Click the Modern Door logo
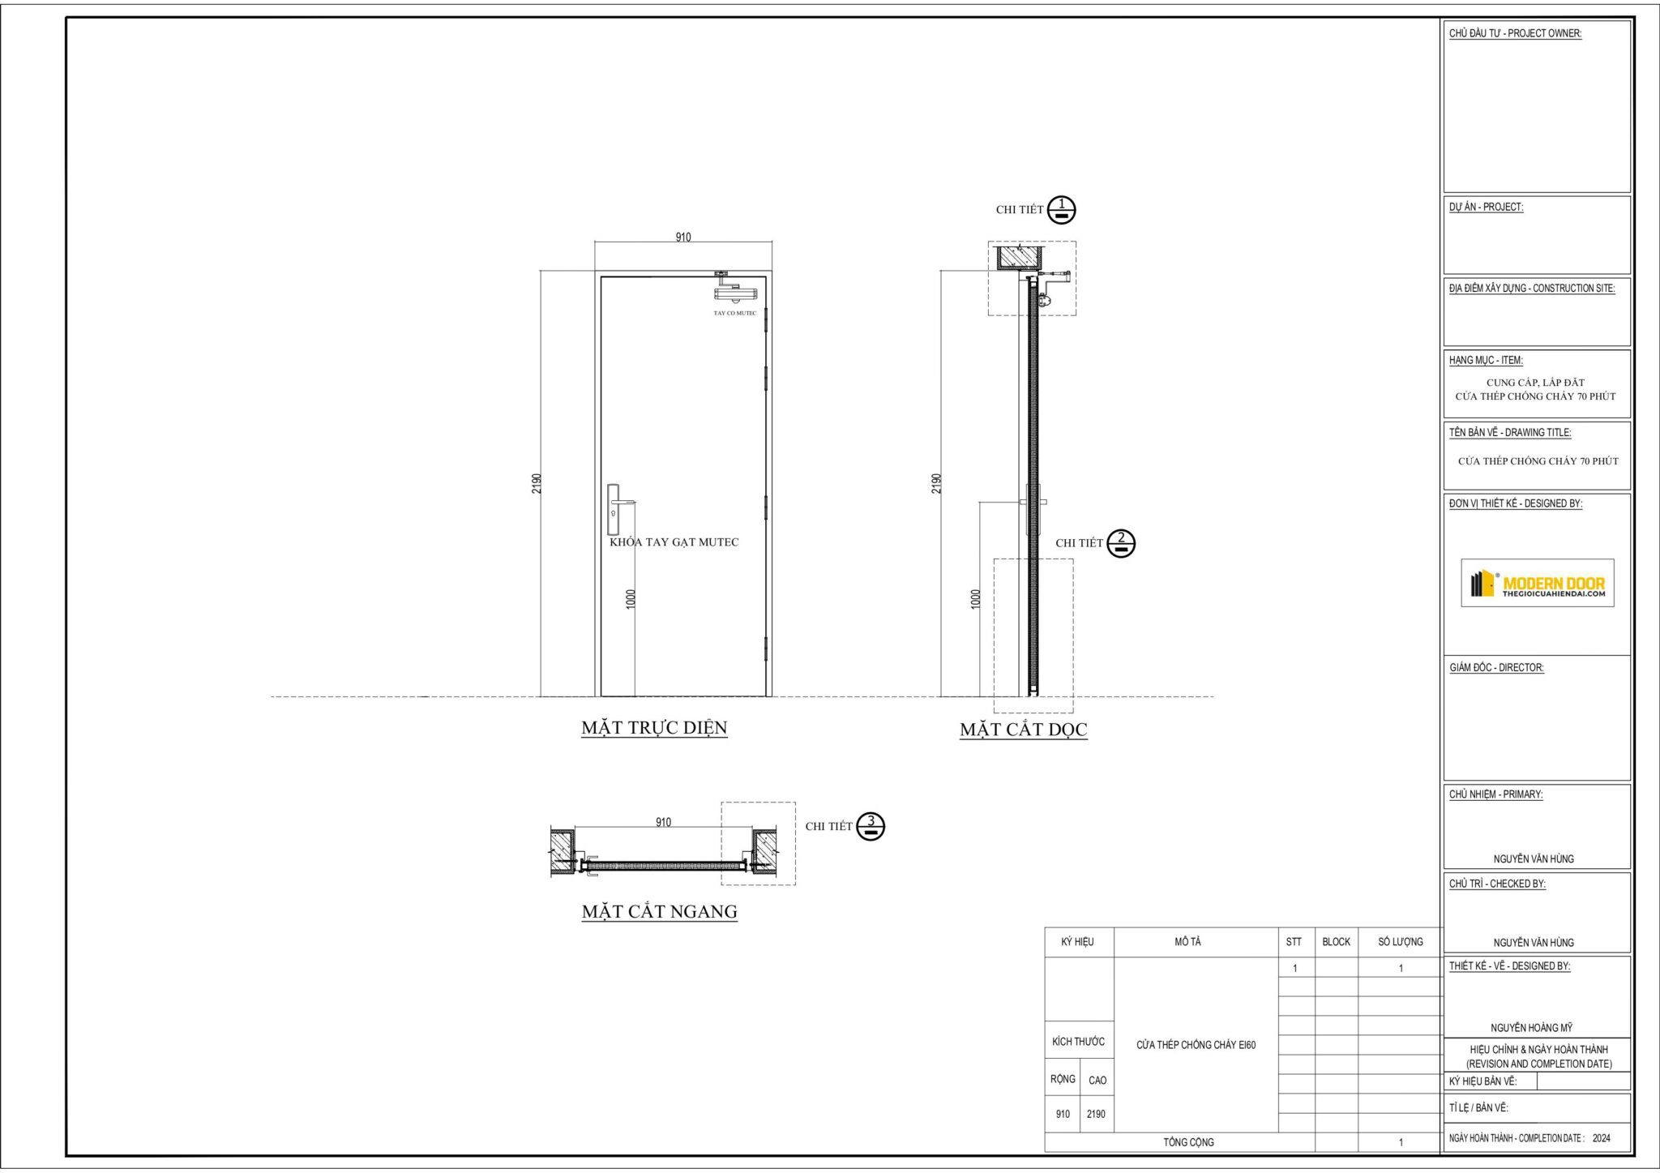(1537, 582)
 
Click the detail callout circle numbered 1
(1061, 209)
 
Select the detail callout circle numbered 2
(1121, 542)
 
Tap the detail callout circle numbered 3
(871, 826)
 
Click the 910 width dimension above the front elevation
(683, 237)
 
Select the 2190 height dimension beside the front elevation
(536, 483)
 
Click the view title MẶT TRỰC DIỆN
(654, 728)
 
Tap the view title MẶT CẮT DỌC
(1023, 730)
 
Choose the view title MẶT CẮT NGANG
(659, 911)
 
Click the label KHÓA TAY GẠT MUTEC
(674, 542)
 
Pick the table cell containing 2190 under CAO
(1095, 1114)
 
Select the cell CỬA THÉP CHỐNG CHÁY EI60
(1196, 1045)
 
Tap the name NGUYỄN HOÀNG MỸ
(1531, 1027)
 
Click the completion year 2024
(1601, 1138)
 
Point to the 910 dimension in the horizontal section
(663, 822)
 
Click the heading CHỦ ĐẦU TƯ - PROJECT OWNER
(1515, 34)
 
